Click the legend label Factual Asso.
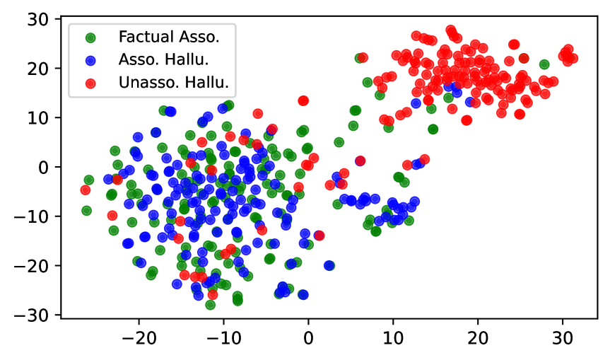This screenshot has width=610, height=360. point(169,37)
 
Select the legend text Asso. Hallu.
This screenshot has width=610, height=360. point(163,59)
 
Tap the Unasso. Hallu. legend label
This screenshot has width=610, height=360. point(173,83)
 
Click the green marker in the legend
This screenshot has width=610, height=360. point(90,37)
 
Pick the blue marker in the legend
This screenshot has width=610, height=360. point(90,60)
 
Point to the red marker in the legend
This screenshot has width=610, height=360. point(90,83)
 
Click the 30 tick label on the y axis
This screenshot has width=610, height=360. point(37,20)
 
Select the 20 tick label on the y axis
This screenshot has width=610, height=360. point(37,69)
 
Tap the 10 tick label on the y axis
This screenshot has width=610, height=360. point(37,118)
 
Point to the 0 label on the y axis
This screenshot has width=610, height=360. point(43,168)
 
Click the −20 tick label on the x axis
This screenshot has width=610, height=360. point(139,338)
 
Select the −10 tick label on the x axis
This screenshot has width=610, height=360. point(223,338)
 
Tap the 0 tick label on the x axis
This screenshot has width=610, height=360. point(308,338)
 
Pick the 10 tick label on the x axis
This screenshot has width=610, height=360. point(393,338)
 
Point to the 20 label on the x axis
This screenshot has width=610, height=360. point(478,338)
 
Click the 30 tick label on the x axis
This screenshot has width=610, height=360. point(563,338)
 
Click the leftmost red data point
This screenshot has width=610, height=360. point(86,190)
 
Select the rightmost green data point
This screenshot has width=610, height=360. point(544,64)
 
